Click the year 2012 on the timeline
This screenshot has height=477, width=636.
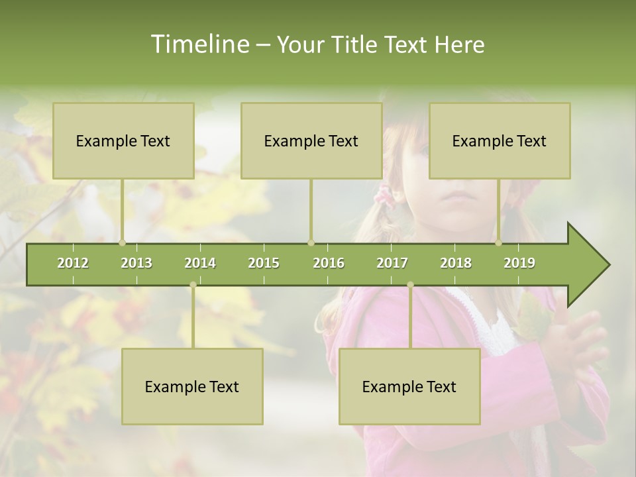tap(73, 263)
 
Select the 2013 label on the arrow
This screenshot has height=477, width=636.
tap(136, 263)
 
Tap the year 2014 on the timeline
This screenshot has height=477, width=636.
tap(200, 263)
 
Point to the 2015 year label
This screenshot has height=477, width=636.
tap(264, 263)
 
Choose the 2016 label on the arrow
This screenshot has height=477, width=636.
tap(329, 263)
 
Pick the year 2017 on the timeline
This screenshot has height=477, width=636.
tap(392, 263)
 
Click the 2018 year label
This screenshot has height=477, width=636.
tap(456, 263)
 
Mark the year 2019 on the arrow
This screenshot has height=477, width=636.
tap(519, 263)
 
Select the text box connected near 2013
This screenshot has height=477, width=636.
tap(123, 141)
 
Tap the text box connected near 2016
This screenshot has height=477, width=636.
tap(311, 141)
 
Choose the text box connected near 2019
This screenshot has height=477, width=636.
tap(500, 141)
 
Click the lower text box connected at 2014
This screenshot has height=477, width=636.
tap(192, 386)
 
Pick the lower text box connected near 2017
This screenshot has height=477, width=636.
tap(409, 386)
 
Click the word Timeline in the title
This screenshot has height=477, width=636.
tap(199, 44)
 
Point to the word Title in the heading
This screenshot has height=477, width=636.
tap(356, 44)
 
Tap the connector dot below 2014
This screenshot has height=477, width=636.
tap(193, 285)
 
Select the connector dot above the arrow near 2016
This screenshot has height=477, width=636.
tap(311, 243)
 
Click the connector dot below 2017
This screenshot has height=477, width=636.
tap(410, 285)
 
